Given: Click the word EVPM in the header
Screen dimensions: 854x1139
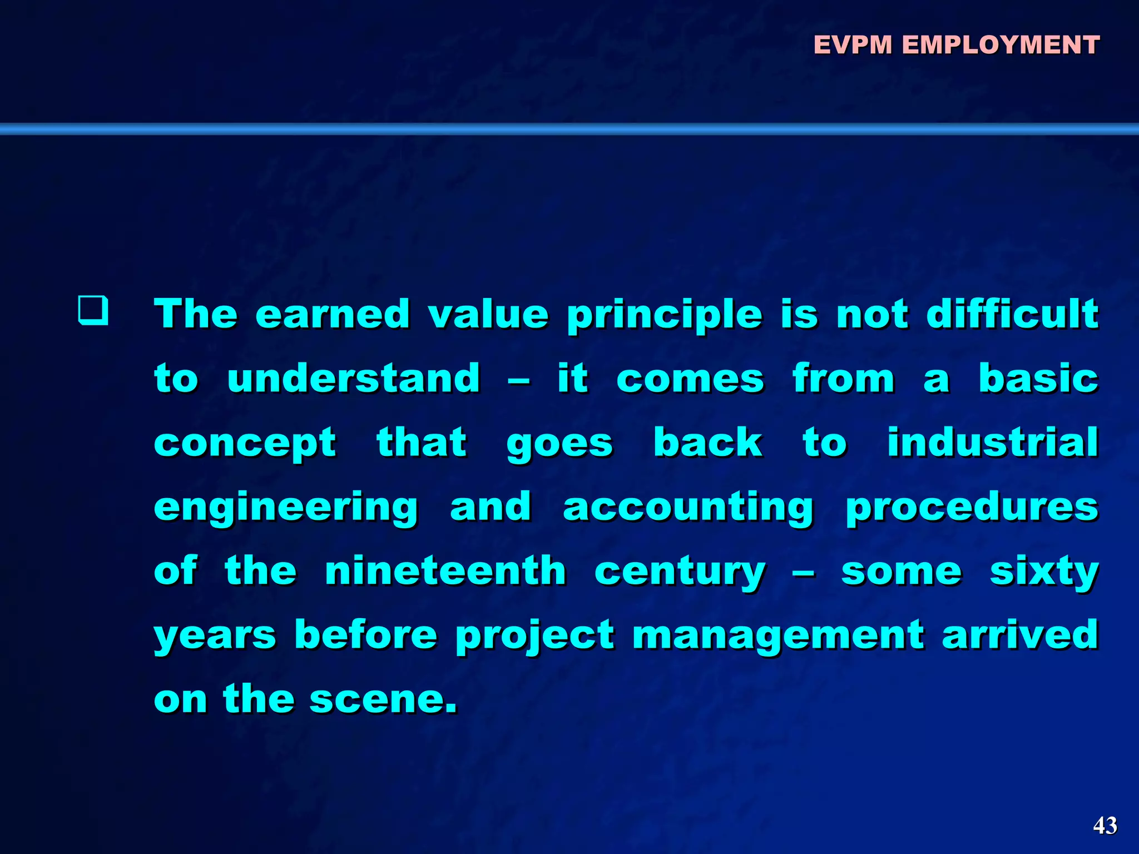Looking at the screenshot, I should (x=853, y=45).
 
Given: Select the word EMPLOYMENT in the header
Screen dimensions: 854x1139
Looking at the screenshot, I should (x=1001, y=45).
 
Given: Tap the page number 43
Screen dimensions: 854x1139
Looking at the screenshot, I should (x=1105, y=826).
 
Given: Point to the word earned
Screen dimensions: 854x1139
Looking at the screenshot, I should (x=333, y=314).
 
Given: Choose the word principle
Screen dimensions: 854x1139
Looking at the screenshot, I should (x=665, y=315).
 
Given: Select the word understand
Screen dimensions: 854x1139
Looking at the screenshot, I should (x=354, y=378).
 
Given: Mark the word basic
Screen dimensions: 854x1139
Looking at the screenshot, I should (x=1038, y=378).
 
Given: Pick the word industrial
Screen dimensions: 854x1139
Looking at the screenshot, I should (x=993, y=443).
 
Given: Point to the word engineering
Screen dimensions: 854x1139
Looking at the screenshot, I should (x=286, y=508).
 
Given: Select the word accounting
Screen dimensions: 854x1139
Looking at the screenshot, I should (x=689, y=508).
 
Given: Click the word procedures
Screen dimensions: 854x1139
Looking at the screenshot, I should (x=972, y=508).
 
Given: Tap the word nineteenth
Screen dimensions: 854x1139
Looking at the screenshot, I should (x=445, y=571).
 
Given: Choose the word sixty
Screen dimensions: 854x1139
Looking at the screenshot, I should (x=1044, y=572).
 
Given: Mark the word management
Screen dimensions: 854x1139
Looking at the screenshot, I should (x=779, y=636).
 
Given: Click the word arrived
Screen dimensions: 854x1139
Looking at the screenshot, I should (x=1020, y=635).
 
